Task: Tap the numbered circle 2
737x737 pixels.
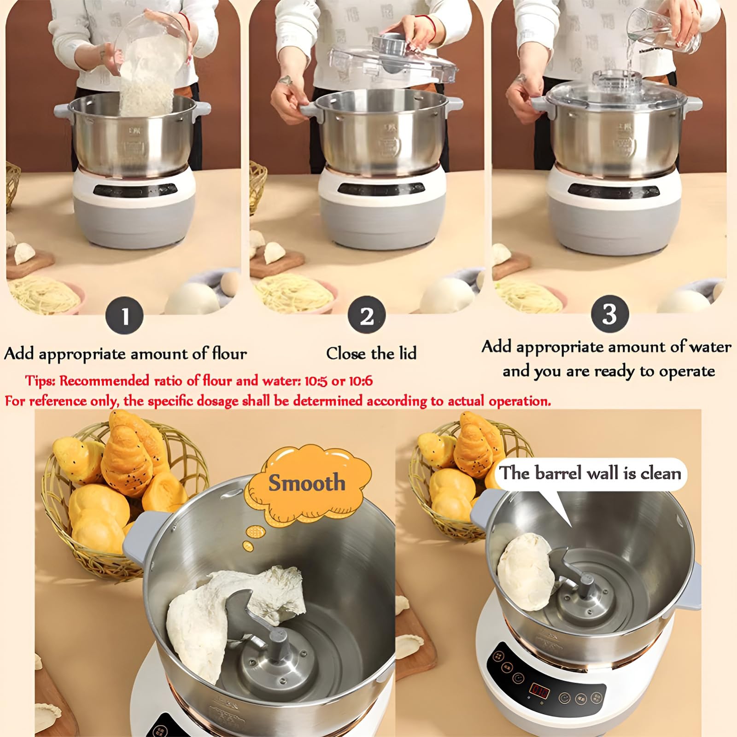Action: click(367, 316)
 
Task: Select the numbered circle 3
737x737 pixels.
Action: click(609, 314)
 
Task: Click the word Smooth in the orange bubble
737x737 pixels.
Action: click(307, 483)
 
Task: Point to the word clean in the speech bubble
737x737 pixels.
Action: click(660, 474)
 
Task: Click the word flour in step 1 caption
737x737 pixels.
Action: click(229, 353)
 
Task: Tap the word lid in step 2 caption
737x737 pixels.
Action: click(406, 353)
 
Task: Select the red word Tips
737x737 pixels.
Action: click(40, 381)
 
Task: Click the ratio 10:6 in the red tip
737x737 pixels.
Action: click(359, 381)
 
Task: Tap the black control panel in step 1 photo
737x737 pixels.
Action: click(135, 190)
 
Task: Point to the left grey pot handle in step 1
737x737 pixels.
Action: click(63, 111)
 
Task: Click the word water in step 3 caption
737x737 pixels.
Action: click(710, 347)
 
